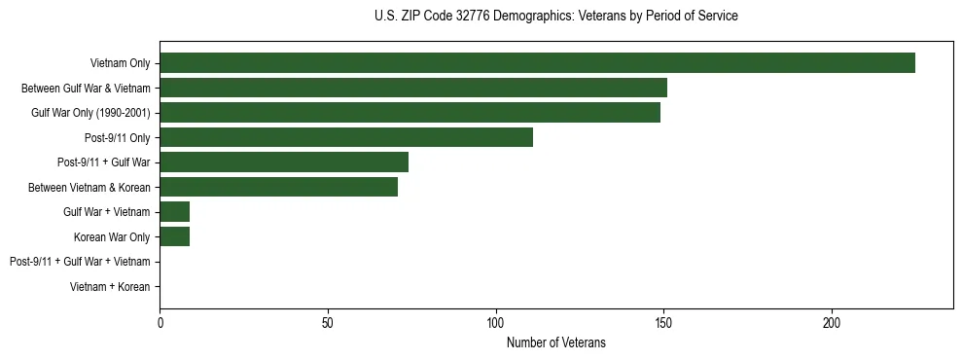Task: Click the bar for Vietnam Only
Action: (537, 63)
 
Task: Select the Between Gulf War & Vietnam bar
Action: (413, 88)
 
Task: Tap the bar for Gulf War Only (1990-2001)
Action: (410, 113)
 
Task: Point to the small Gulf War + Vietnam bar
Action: (174, 212)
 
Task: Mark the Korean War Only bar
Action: (174, 236)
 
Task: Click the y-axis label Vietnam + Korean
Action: (110, 287)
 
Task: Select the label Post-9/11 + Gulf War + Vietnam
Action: (80, 262)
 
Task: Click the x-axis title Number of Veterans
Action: (555, 342)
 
